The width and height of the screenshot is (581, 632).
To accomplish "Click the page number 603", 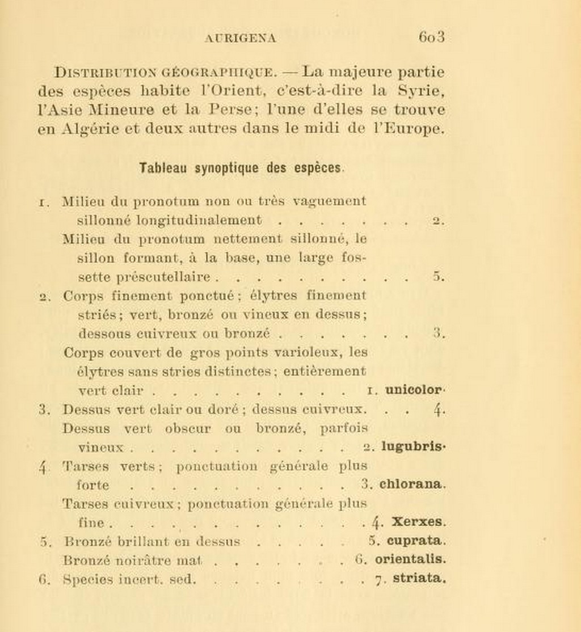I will [431, 37].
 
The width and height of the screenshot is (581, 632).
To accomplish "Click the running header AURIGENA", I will [240, 39].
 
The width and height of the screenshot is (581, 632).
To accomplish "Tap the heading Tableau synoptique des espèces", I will [241, 168].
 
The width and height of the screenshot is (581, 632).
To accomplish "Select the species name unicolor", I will [413, 390].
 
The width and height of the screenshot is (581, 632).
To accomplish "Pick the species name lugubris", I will [411, 446].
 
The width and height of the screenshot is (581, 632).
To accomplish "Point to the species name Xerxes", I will [418, 521].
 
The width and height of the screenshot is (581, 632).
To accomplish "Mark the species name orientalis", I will [410, 559].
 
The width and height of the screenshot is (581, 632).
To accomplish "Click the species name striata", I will [418, 578].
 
